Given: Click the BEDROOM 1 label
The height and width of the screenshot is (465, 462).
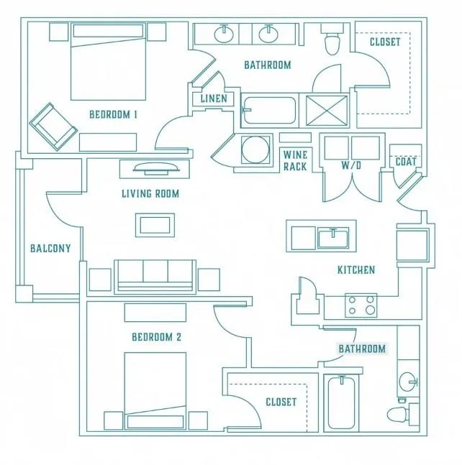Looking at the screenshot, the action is (114, 114).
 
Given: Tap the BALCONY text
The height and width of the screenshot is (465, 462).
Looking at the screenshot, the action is (50, 248).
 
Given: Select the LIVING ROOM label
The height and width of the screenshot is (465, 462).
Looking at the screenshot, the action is (150, 193).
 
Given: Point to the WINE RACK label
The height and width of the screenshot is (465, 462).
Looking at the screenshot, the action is (295, 160).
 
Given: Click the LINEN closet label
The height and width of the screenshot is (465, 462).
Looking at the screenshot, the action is (214, 98).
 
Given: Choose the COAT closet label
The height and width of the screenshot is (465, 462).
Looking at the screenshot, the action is (406, 162).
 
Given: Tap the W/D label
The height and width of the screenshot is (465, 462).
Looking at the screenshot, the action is (351, 165).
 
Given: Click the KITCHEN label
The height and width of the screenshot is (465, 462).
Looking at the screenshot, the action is (356, 270).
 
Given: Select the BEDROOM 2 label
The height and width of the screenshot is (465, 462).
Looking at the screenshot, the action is (156, 337).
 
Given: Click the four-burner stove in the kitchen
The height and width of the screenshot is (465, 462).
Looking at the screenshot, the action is (361, 305).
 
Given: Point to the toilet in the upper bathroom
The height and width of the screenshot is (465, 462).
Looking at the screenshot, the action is (332, 40).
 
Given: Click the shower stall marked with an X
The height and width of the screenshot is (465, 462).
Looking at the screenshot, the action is (326, 110).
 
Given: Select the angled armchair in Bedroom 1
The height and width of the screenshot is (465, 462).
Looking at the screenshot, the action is (53, 126).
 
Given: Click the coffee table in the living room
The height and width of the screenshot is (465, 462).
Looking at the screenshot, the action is (155, 225).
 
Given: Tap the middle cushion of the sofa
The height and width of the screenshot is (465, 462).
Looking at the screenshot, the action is (155, 272).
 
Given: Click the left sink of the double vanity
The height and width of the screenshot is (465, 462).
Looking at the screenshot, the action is (224, 34).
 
